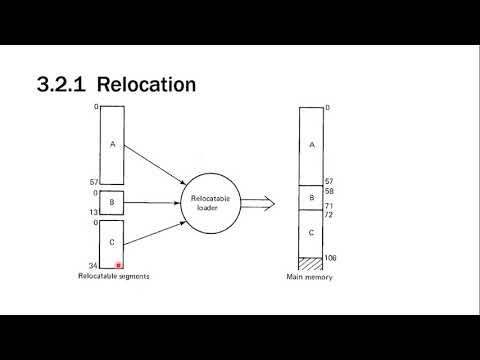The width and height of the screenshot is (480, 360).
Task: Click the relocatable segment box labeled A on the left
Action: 112,144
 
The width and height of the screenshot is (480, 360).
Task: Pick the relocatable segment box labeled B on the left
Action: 112,203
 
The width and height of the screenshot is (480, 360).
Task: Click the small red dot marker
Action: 119,265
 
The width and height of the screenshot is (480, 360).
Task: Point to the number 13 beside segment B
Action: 93,213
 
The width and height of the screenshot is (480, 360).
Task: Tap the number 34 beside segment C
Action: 93,266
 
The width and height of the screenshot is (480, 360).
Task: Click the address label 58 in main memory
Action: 331,190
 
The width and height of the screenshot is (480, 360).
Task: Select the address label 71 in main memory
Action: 331,205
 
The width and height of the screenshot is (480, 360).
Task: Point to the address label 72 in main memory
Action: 331,215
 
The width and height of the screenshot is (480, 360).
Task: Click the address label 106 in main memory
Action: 333,258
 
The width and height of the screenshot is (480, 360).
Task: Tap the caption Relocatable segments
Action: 112,277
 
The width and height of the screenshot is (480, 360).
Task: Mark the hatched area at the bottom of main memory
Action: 312,262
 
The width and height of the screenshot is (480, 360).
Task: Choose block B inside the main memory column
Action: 312,198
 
